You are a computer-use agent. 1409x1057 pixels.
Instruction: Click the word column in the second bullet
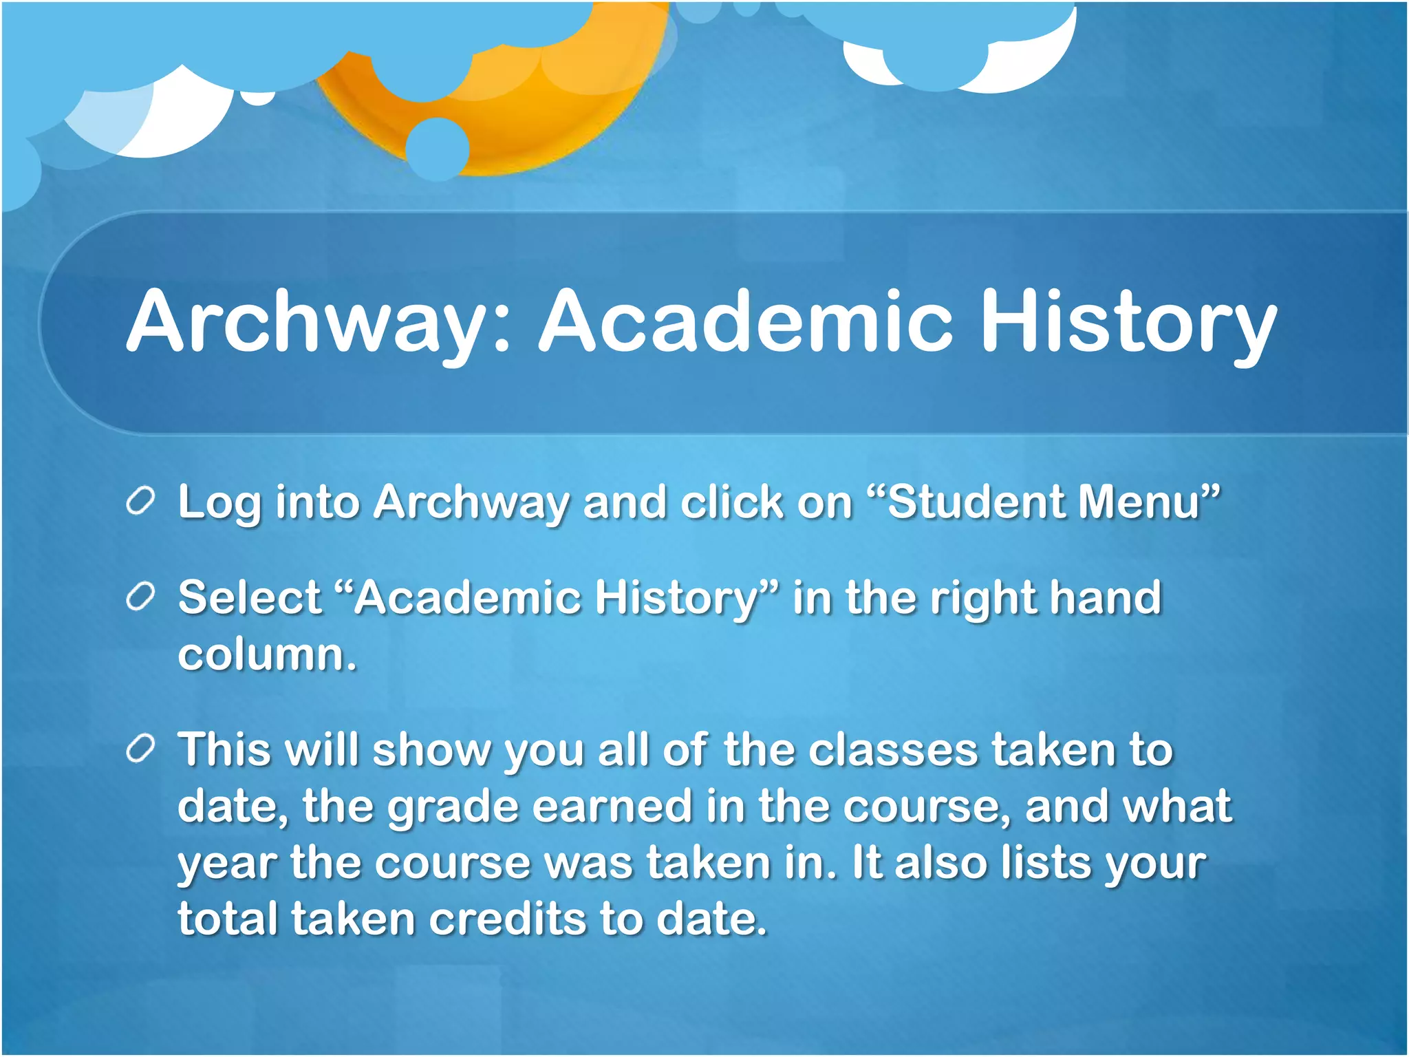click(267, 654)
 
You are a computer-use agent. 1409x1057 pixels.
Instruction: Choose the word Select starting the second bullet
click(249, 597)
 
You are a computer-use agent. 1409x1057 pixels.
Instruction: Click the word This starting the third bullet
click(224, 749)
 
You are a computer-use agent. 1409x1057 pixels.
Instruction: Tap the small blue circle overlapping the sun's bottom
click(438, 149)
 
